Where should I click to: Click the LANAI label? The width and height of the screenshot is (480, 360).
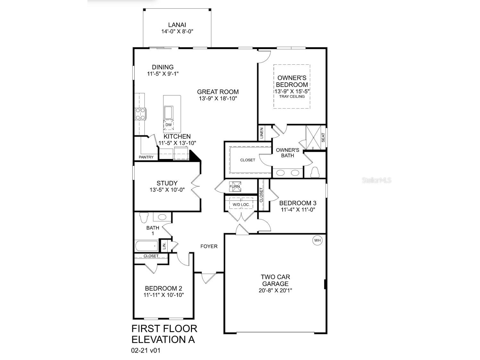tap(177, 25)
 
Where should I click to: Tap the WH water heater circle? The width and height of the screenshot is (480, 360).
tap(317, 240)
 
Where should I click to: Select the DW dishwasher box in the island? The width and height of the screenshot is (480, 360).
tap(169, 125)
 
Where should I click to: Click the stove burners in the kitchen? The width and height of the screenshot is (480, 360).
tap(140, 114)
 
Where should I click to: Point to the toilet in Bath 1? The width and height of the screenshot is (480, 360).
tap(144, 218)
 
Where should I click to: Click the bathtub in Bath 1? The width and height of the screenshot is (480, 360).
tap(147, 246)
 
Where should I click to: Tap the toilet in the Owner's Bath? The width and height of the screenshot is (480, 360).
tap(315, 172)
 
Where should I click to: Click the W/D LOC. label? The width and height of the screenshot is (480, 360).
tap(241, 204)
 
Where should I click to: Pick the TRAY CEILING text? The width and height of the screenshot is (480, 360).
tap(292, 96)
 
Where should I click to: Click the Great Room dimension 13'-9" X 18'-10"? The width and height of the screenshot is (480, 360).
tap(218, 99)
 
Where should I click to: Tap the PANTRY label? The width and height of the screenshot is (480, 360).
tap(146, 157)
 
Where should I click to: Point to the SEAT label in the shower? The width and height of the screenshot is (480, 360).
tap(323, 138)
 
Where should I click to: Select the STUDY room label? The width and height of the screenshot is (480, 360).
tap(167, 183)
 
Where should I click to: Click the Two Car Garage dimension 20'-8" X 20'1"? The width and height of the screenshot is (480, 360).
tap(275, 290)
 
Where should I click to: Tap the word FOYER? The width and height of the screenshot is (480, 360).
tap(209, 246)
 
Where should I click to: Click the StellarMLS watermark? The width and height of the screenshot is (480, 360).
tap(377, 180)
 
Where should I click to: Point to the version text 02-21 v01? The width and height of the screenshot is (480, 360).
tap(146, 350)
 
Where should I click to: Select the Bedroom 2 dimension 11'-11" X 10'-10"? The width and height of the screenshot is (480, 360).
tap(164, 295)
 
